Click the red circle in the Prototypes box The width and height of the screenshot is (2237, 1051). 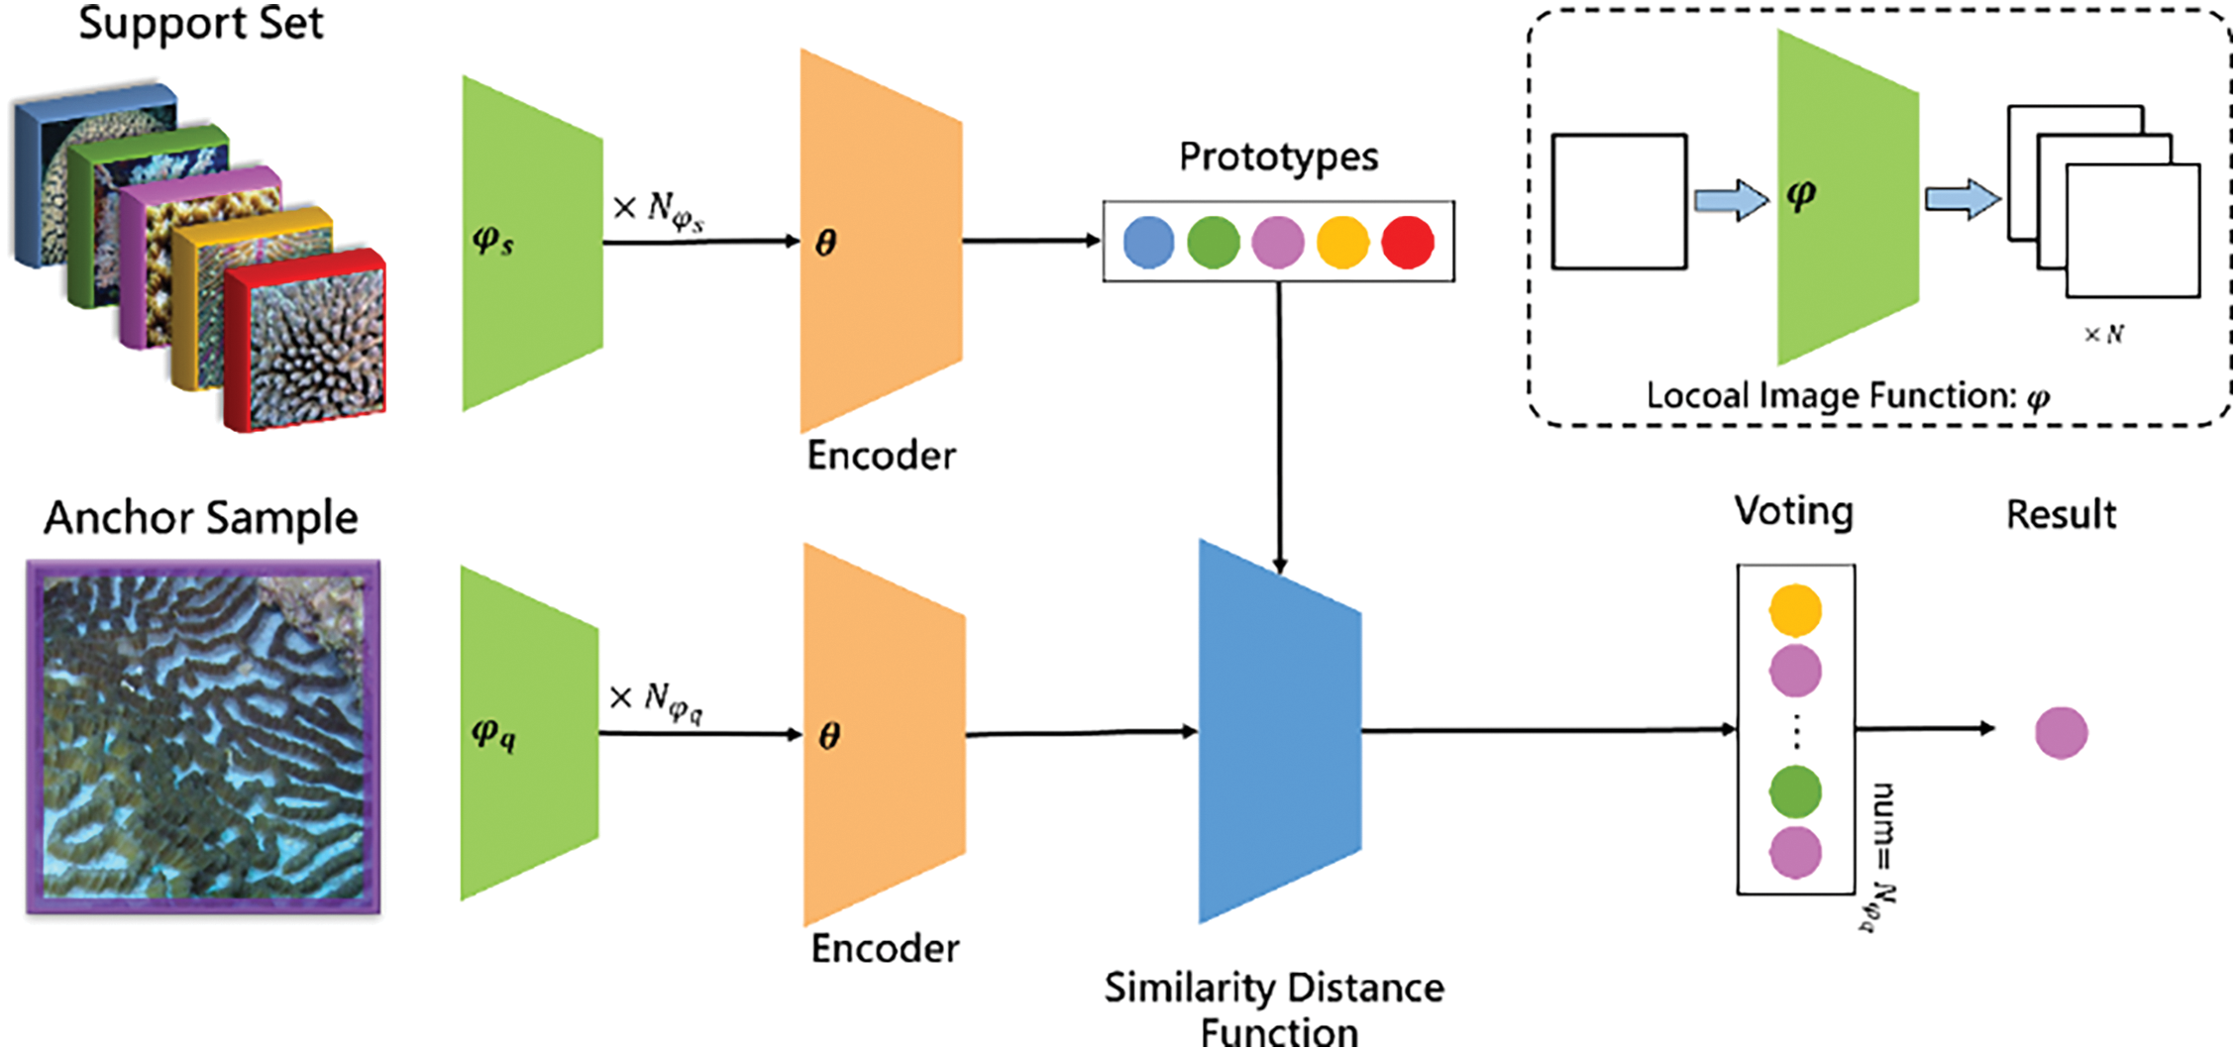[1407, 242]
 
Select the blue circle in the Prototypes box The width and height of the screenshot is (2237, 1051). [1149, 242]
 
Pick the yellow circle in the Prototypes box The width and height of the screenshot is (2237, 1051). [1342, 242]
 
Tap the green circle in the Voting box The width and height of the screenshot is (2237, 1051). [1795, 791]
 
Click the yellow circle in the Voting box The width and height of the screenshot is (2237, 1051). [1795, 609]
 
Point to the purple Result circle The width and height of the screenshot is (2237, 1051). [2061, 733]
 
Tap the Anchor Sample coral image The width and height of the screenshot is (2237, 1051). [203, 737]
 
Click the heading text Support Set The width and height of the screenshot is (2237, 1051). [201, 24]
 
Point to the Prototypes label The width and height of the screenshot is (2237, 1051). [1278, 157]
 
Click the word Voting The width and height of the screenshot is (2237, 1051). [1793, 512]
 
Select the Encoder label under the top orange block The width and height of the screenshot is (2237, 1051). [881, 456]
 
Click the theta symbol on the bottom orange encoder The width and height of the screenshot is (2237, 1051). [829, 736]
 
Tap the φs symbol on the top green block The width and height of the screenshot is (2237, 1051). [492, 241]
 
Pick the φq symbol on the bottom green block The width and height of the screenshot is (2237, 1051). [492, 734]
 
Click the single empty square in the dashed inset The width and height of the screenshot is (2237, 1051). [1619, 202]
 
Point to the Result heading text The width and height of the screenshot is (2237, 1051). [2061, 515]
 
